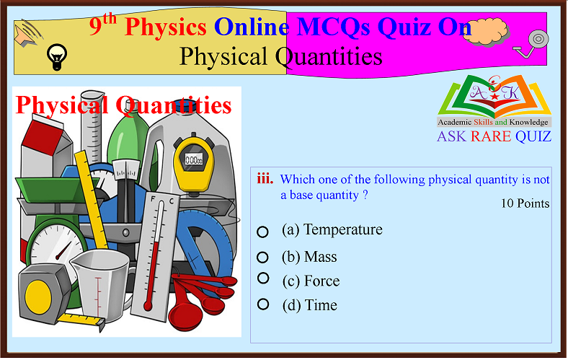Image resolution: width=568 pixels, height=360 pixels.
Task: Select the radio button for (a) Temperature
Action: (263, 232)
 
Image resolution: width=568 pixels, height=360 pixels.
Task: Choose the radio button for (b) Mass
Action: (263, 257)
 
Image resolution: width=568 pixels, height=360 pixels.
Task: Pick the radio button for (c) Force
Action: (263, 278)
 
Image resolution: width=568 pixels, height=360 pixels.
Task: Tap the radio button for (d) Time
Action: (263, 304)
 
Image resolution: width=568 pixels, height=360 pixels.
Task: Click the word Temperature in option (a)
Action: (343, 230)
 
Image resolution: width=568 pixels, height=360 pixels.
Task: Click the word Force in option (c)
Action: (321, 281)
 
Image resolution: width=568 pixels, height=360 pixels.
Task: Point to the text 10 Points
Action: (525, 203)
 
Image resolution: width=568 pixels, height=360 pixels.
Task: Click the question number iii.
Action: (265, 179)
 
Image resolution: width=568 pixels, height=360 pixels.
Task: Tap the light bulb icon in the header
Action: (55, 55)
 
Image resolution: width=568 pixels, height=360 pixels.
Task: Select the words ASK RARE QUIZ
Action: (494, 136)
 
